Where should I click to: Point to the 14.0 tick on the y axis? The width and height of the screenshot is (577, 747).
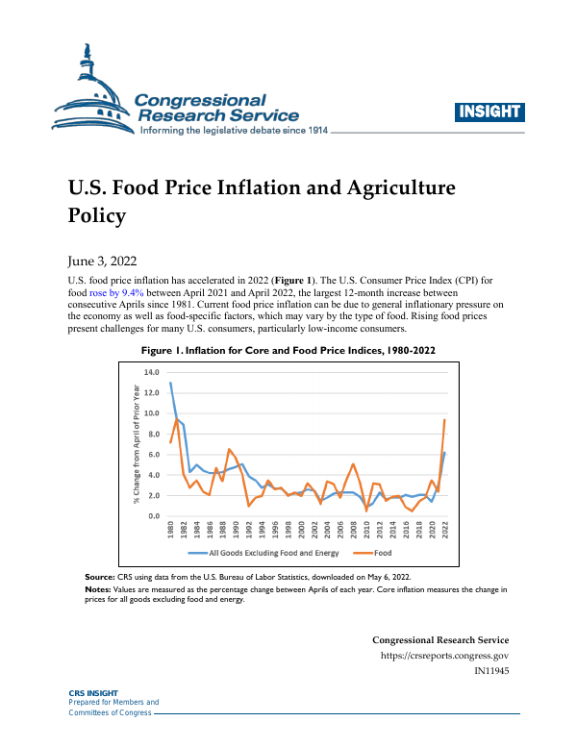150,371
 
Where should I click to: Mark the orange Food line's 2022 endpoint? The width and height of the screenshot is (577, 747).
444,419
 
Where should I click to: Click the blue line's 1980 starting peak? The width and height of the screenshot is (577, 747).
170,383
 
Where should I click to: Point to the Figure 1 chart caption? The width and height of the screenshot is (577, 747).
288,352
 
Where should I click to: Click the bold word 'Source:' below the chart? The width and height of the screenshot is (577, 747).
102,575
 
